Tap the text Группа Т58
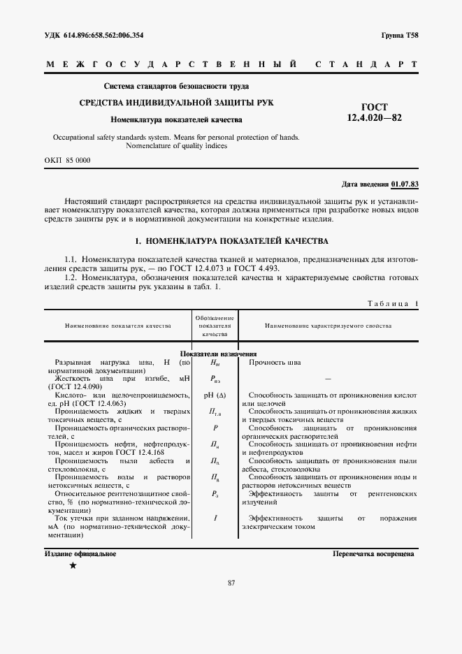coord(400,35)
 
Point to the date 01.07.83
coord(405,184)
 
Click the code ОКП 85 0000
coord(68,160)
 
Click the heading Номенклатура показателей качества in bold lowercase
coord(176,119)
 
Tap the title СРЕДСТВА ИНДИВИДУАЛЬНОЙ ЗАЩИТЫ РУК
coord(176,103)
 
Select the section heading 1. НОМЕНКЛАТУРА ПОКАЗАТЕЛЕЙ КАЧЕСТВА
coord(231,241)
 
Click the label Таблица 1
coord(392,303)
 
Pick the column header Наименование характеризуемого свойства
coord(328,326)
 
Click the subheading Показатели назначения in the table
coord(219,354)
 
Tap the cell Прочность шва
coord(275,363)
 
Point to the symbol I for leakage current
coord(215,518)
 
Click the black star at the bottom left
coord(73,565)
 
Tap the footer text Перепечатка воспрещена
coord(374,553)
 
